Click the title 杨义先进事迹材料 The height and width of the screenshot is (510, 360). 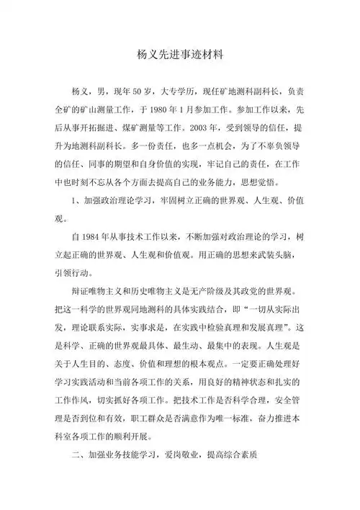click(180, 55)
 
